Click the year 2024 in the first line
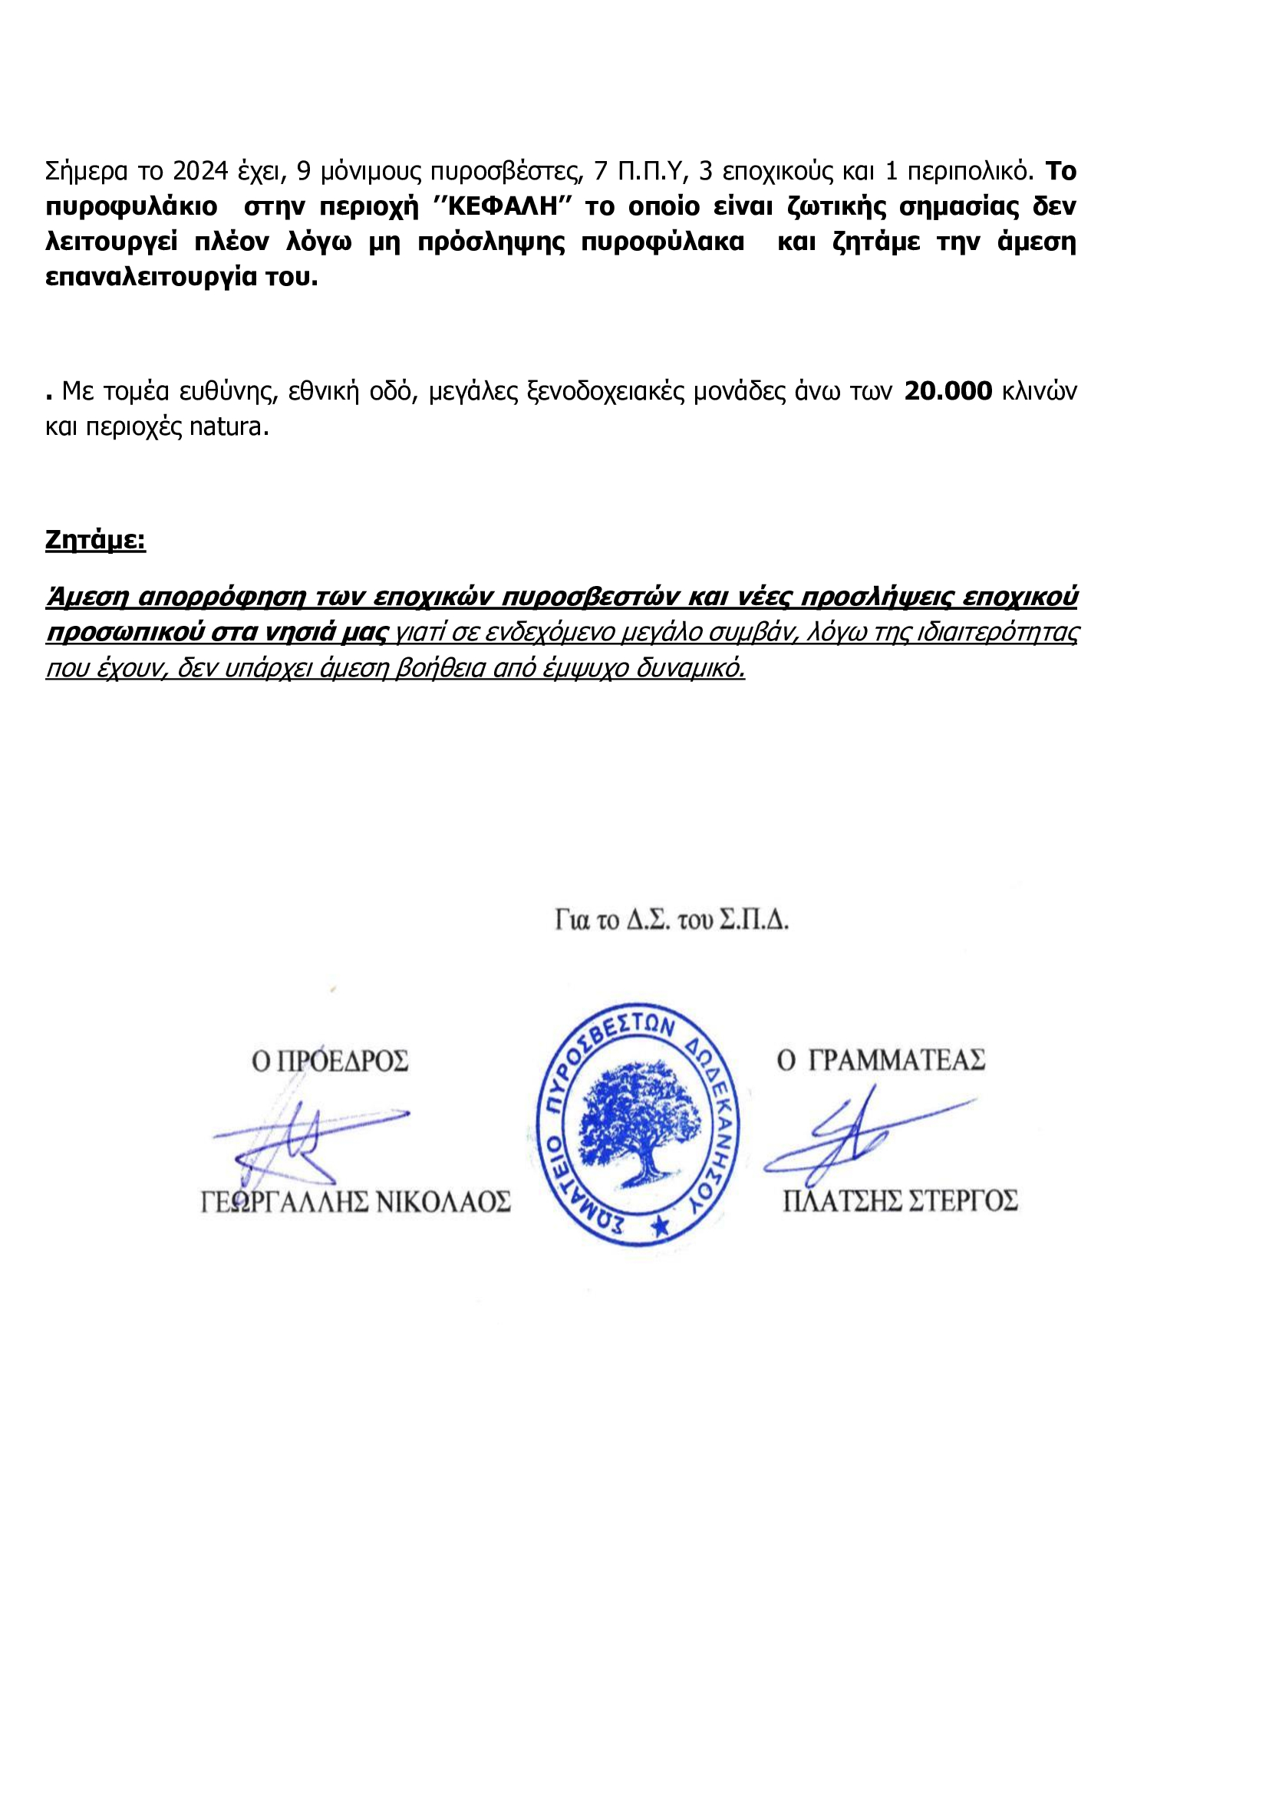click(x=200, y=170)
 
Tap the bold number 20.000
click(x=948, y=390)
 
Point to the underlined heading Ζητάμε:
click(x=95, y=540)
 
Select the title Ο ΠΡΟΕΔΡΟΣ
click(x=330, y=1061)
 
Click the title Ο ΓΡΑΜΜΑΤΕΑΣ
click(x=881, y=1060)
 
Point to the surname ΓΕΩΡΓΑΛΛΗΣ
click(x=284, y=1202)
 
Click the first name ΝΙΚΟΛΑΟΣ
click(x=443, y=1202)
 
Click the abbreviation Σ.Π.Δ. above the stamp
click(x=754, y=920)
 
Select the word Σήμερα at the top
click(x=87, y=170)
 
